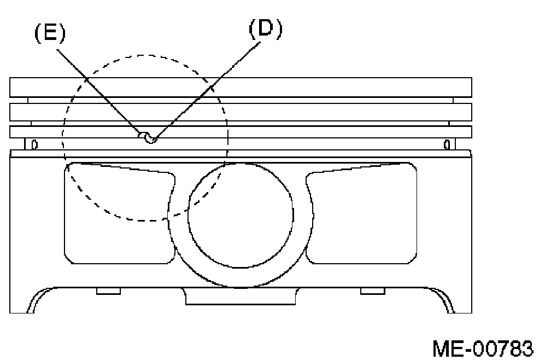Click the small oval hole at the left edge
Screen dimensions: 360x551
(34, 144)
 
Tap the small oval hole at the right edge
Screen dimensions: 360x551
(447, 144)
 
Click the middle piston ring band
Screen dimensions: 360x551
(241, 112)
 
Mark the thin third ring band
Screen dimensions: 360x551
(241, 132)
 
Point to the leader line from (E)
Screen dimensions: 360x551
(98, 90)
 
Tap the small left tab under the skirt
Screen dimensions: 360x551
(108, 291)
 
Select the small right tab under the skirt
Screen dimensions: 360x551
(372, 291)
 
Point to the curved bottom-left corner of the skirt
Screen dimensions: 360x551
(36, 300)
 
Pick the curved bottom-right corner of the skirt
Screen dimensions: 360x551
(446, 300)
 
